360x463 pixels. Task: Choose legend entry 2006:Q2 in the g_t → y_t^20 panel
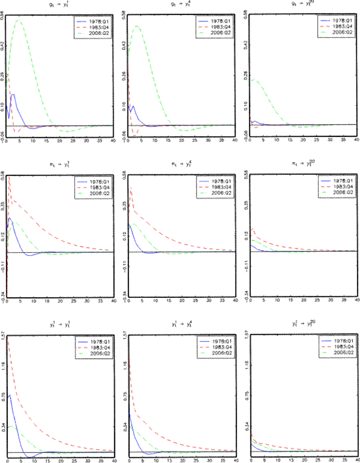tap(342, 32)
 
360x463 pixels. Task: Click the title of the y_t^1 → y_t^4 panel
tap(182, 325)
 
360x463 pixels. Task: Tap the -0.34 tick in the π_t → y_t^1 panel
tap(3, 295)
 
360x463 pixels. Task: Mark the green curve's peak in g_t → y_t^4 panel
tap(137, 26)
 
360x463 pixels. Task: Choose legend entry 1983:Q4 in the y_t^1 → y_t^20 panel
tap(342, 347)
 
